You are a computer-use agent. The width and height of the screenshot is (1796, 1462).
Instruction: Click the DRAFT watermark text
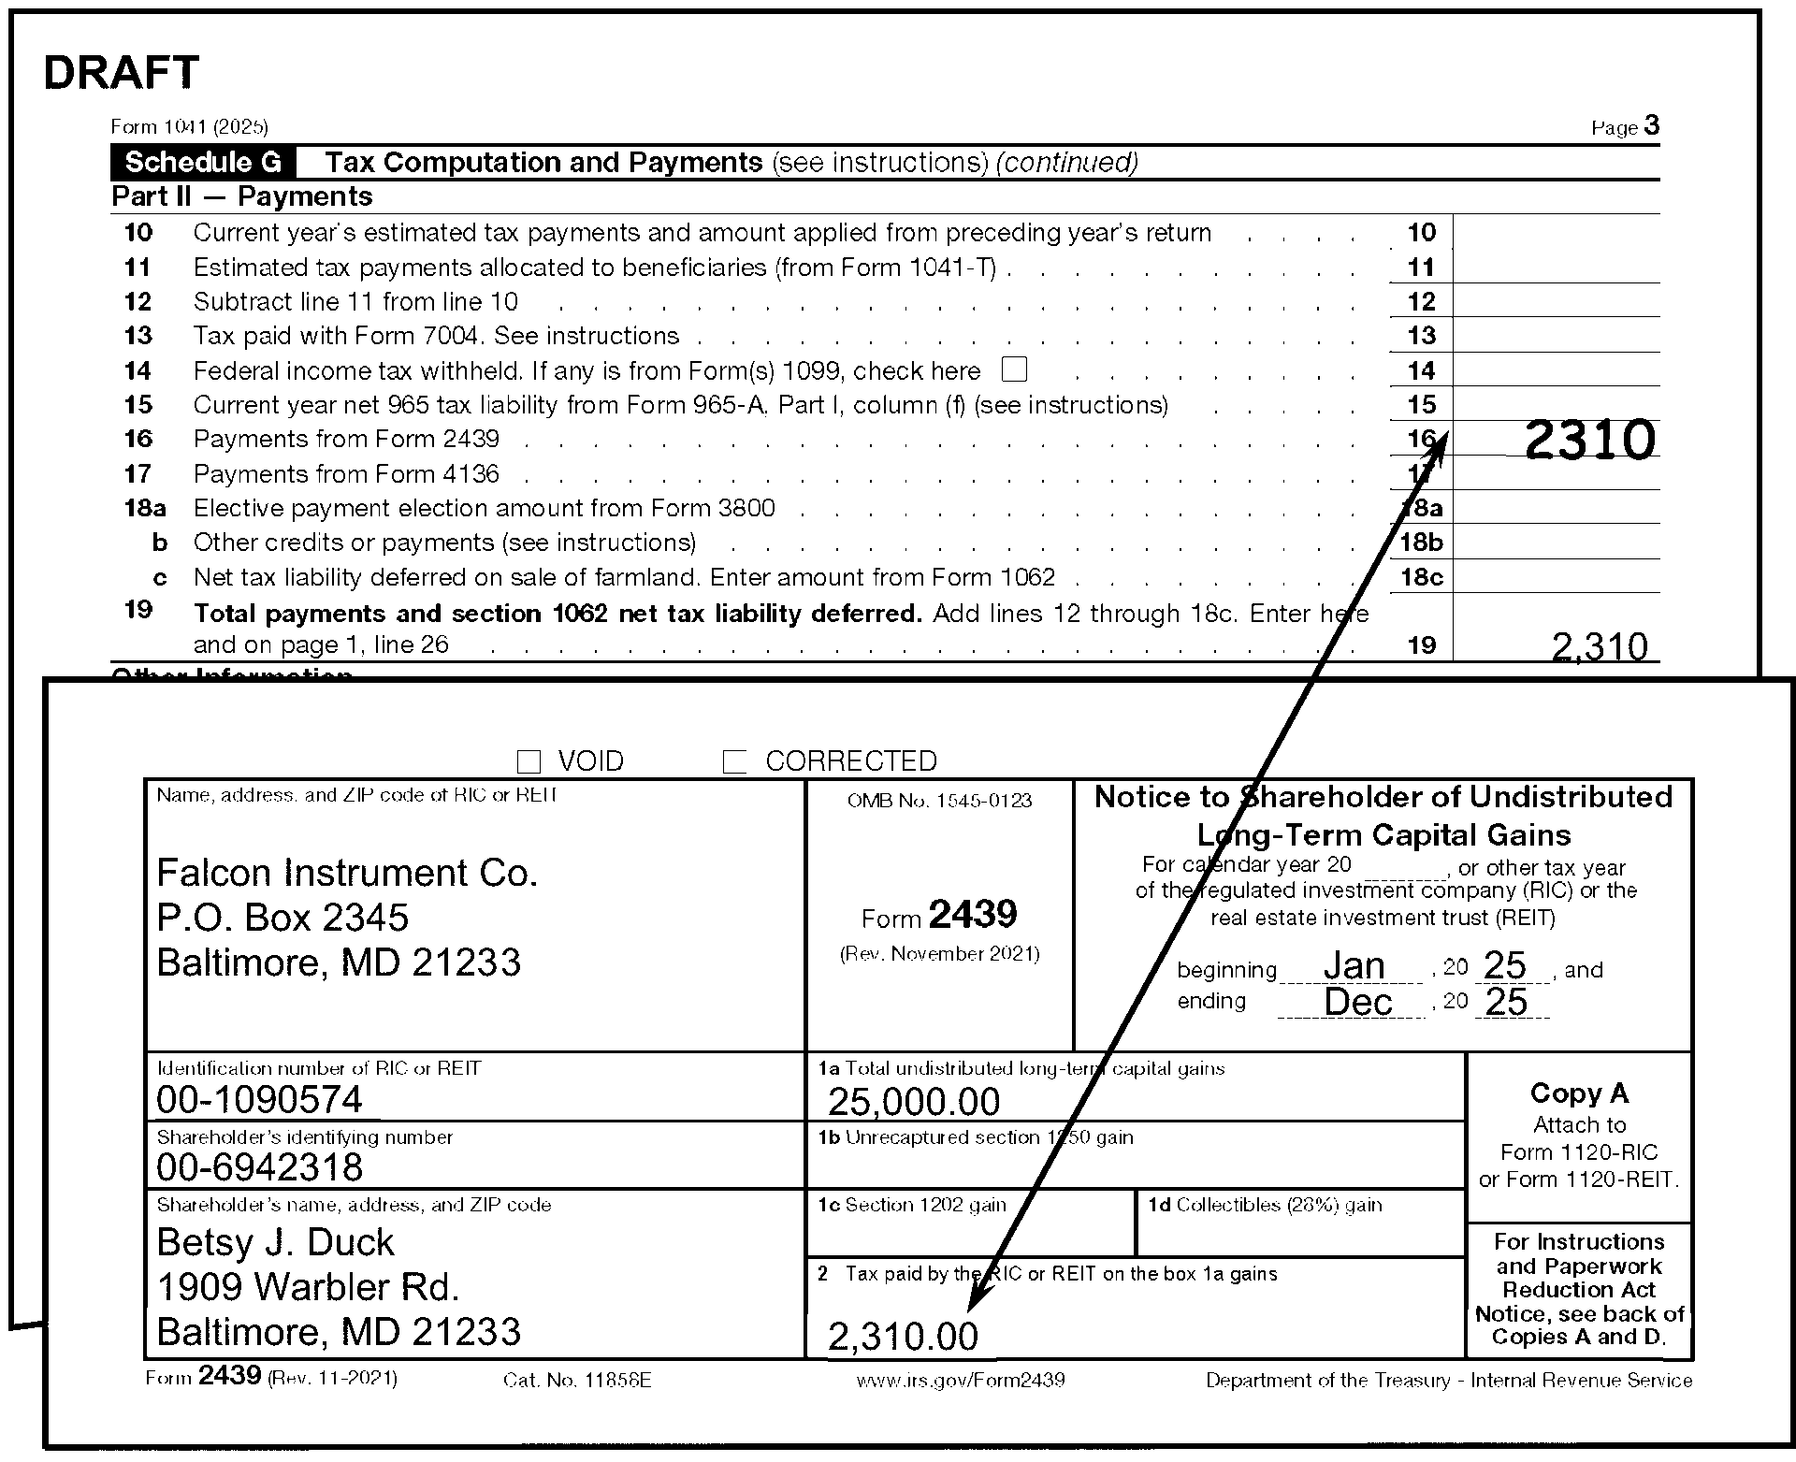[122, 73]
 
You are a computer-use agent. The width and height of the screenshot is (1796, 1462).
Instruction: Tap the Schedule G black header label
[203, 163]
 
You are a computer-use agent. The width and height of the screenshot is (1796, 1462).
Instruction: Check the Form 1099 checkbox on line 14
[1014, 369]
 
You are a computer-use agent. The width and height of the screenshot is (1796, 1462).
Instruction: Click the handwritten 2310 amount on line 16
[1589, 440]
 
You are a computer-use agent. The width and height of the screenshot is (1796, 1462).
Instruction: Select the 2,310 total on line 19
[1599, 646]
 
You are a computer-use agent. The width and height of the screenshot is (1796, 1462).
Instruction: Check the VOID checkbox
[529, 762]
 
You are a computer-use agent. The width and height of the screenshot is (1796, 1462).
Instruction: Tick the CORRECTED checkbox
[735, 762]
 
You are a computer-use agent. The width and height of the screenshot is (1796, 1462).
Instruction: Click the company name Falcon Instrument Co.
[347, 873]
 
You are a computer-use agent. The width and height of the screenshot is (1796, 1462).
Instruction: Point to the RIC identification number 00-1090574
[259, 1100]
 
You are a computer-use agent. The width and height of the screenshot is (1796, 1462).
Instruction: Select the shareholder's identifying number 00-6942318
[259, 1167]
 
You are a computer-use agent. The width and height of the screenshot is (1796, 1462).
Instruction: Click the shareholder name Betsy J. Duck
[275, 1242]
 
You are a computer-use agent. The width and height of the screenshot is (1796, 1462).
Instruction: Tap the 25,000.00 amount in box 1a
[914, 1102]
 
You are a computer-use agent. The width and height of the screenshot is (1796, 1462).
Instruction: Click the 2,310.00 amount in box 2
[903, 1337]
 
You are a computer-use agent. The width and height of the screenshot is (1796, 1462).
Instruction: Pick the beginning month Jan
[1354, 966]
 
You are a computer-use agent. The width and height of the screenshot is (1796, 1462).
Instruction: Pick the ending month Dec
[1358, 1003]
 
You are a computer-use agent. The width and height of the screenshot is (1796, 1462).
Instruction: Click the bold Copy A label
[1579, 1093]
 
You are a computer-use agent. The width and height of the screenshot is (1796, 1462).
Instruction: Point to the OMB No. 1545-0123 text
[939, 801]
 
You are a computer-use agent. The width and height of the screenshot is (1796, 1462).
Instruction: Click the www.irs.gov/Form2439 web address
[960, 1381]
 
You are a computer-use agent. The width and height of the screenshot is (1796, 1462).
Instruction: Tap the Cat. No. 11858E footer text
[576, 1381]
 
